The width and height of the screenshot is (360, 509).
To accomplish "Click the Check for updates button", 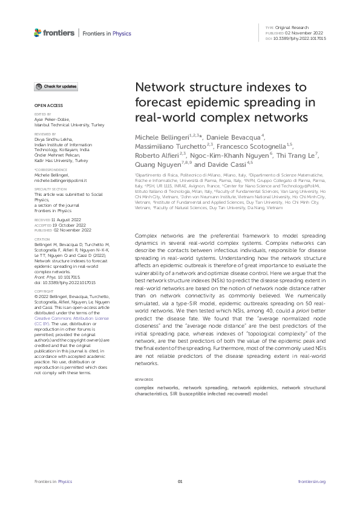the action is pos(56,86).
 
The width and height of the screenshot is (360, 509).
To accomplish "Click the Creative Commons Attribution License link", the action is pos(71,317).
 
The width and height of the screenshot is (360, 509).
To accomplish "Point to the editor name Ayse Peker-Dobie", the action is pos(53,119).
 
